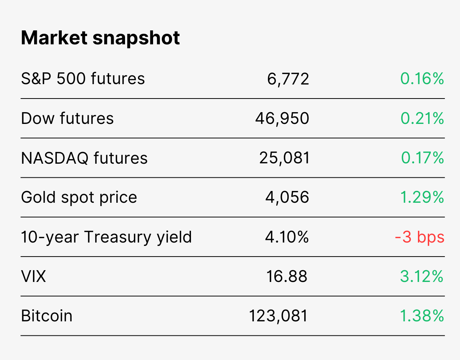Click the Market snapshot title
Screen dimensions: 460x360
[x=100, y=38]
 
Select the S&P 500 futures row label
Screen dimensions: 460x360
[x=83, y=79]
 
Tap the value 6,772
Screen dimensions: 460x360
[x=288, y=79]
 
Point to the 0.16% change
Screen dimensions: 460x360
[x=422, y=79]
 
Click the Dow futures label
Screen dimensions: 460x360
[x=67, y=118]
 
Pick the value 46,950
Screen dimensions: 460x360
[x=282, y=119]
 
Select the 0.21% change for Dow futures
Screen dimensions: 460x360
[x=422, y=118]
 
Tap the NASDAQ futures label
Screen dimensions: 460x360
[x=84, y=158]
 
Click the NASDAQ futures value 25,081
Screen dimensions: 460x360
[x=284, y=158]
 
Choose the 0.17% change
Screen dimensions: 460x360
[x=422, y=158]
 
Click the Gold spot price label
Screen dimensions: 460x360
[x=79, y=197]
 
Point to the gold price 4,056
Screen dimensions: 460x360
[x=287, y=198]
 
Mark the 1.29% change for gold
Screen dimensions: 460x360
[x=422, y=197]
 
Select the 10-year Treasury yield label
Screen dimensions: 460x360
[x=106, y=237]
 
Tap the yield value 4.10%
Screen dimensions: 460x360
[x=287, y=237]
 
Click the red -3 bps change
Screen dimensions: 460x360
[x=419, y=237]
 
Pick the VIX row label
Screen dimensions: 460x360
[x=33, y=276]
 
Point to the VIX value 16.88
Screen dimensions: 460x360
[x=286, y=276]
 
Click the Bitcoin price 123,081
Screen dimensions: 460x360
[x=278, y=316]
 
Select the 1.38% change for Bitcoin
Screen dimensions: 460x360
[x=422, y=316]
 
